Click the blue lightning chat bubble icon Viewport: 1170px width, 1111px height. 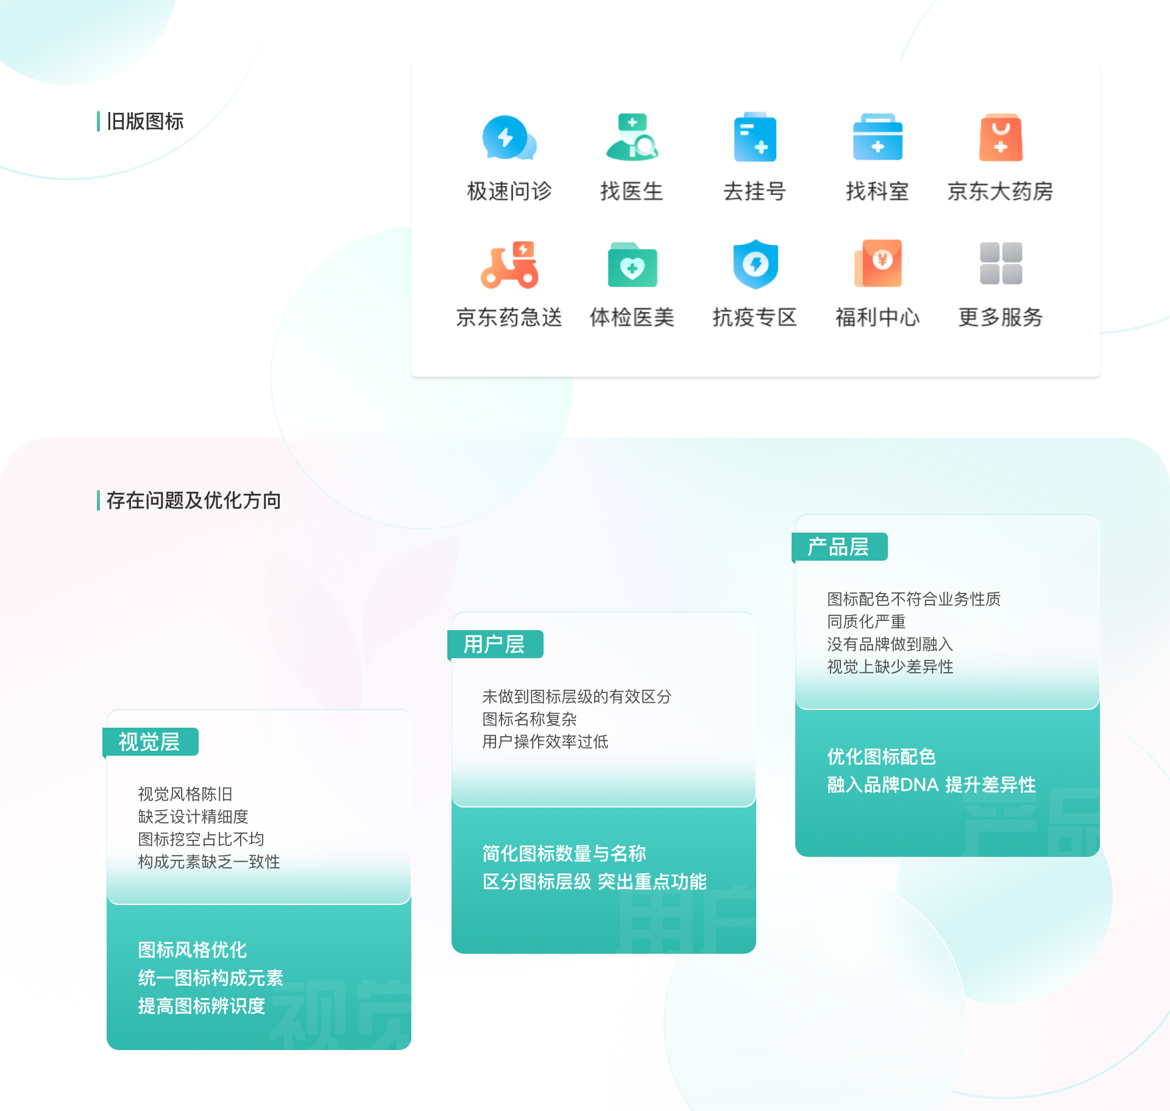(x=508, y=138)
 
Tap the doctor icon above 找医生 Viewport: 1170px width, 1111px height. (x=632, y=138)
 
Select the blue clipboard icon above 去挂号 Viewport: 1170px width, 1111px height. (x=755, y=138)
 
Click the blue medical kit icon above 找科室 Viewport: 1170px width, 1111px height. (x=877, y=138)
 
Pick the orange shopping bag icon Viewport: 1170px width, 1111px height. (x=1001, y=138)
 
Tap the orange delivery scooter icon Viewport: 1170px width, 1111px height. (x=509, y=264)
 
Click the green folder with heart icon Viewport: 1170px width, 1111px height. (x=633, y=265)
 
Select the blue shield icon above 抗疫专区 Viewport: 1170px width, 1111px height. (x=756, y=264)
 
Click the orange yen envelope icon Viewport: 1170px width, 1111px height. (x=878, y=263)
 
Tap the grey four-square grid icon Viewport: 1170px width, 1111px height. (x=1001, y=263)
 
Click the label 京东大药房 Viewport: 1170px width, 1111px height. (x=1000, y=191)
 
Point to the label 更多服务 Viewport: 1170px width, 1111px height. (x=1000, y=318)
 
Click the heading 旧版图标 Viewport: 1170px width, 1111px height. (x=145, y=121)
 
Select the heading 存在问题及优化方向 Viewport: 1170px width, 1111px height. (x=193, y=500)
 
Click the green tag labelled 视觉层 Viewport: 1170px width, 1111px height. (x=150, y=742)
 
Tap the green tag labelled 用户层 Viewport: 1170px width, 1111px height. (x=495, y=644)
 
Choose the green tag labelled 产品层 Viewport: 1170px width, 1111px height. (x=839, y=547)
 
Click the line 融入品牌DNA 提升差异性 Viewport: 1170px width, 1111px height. (x=931, y=784)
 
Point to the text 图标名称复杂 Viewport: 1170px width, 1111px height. (x=529, y=719)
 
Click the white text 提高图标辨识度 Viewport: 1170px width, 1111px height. (x=202, y=1006)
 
